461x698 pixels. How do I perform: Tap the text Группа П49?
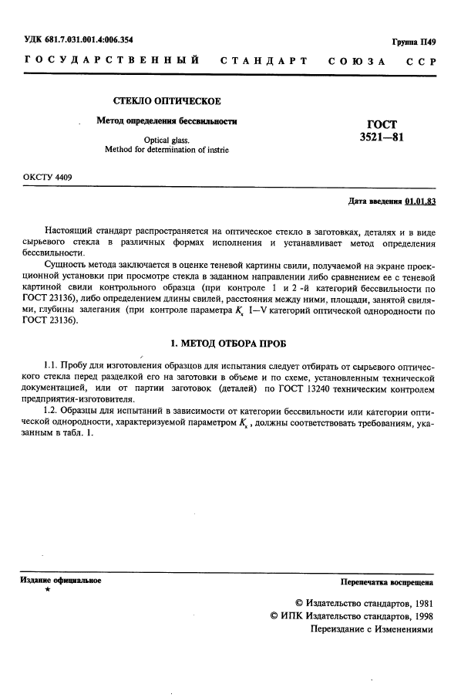413,42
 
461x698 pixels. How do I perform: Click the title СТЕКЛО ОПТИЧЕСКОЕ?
167,101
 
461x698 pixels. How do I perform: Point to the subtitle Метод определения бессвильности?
166,121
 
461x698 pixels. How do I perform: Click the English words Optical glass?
167,140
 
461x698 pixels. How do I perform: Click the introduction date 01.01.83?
419,202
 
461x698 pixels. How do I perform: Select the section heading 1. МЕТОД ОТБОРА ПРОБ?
230,342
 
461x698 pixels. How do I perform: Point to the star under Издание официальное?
48,591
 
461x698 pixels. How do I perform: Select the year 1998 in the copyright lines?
419,616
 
